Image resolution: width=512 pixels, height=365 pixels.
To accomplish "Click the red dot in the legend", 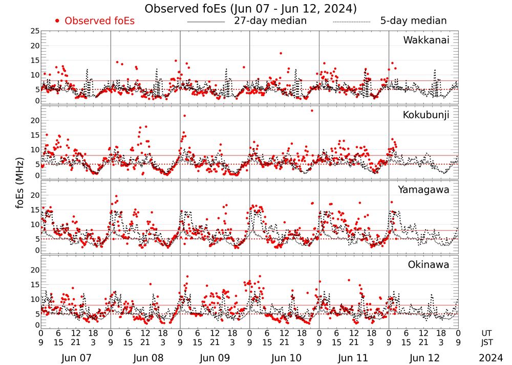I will pos(57,21).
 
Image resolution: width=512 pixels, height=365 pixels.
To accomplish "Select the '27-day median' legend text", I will pos(270,21).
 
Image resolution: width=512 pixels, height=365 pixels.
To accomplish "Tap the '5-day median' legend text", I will pos(413,21).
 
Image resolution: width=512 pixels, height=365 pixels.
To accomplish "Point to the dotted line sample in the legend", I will pos(351,21).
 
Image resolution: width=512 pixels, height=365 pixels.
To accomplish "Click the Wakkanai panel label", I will pos(426,40).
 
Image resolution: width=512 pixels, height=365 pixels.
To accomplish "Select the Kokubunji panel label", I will pos(426,115).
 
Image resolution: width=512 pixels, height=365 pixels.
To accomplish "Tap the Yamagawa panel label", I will pos(423,190).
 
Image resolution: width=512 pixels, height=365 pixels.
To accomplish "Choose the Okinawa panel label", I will pos(429,265).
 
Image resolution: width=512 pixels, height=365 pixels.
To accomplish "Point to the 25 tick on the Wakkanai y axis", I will pos(35,31).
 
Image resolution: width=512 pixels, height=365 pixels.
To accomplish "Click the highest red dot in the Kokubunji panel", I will pos(312,110).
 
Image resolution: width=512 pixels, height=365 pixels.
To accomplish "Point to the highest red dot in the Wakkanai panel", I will pos(281,53).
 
